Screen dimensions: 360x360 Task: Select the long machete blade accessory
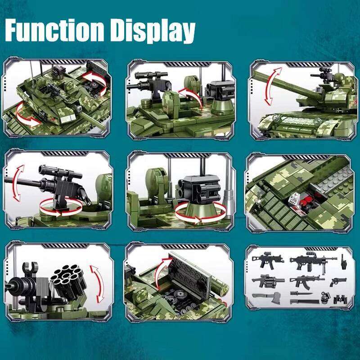point(295,300)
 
